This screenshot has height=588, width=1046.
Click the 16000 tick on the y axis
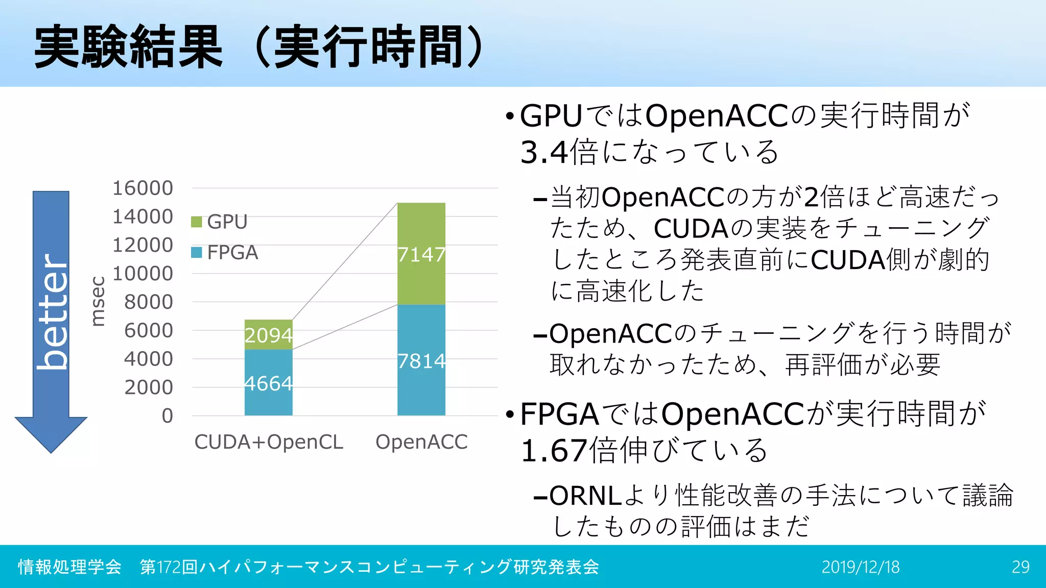click(x=142, y=188)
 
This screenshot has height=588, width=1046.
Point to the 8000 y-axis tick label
click(x=149, y=302)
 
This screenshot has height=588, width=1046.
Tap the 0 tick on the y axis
click(x=167, y=416)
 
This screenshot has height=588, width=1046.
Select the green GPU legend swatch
click(x=197, y=222)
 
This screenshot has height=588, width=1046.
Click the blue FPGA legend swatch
click(x=197, y=253)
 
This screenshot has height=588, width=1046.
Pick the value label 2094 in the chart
click(x=269, y=335)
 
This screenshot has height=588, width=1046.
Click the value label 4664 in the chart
click(x=269, y=383)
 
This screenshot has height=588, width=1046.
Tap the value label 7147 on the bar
click(x=421, y=254)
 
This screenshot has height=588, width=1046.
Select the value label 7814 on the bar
click(x=421, y=361)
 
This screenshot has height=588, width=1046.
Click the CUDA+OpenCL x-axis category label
click(x=269, y=442)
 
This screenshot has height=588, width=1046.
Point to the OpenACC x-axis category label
click(x=421, y=442)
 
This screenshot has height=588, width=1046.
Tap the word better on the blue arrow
click(x=52, y=311)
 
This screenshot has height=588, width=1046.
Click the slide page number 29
click(x=1020, y=567)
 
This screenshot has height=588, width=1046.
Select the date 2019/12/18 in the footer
click(x=861, y=567)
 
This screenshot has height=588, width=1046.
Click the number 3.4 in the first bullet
click(x=544, y=153)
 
